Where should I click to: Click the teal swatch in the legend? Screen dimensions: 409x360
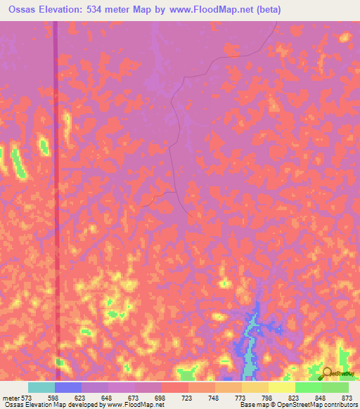[x=41, y=387]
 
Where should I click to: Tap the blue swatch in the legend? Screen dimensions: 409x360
[x=68, y=387]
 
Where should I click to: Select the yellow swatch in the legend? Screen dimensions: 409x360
[x=282, y=387]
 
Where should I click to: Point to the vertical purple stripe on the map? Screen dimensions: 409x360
[x=56, y=176]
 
